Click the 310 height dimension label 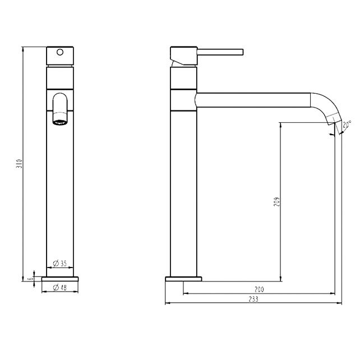pos(20,164)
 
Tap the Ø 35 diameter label pos(59,264)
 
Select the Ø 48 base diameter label pos(59,288)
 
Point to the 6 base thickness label pos(30,279)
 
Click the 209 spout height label pos(277,201)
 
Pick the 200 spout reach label pos(259,289)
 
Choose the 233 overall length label pos(253,299)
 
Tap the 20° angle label pos(347,124)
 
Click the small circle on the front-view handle pos(60,52)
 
